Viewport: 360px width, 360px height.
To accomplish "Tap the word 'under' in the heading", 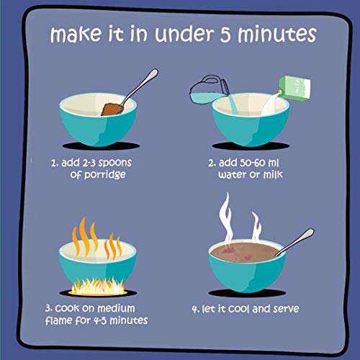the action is (184, 34).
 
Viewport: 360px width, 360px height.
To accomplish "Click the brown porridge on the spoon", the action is (112, 109).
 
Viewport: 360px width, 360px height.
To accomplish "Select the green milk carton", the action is (294, 88).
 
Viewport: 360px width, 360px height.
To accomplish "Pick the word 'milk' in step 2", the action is (273, 174).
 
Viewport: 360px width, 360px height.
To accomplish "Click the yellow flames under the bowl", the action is (98, 287).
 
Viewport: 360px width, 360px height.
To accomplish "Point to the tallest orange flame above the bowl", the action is (84, 236).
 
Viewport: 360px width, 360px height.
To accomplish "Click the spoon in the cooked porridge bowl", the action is (294, 242).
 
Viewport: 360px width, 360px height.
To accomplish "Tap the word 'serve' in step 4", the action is (286, 309).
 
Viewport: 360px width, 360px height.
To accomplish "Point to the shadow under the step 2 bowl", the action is (251, 145).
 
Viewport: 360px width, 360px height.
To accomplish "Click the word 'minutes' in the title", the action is (277, 35).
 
